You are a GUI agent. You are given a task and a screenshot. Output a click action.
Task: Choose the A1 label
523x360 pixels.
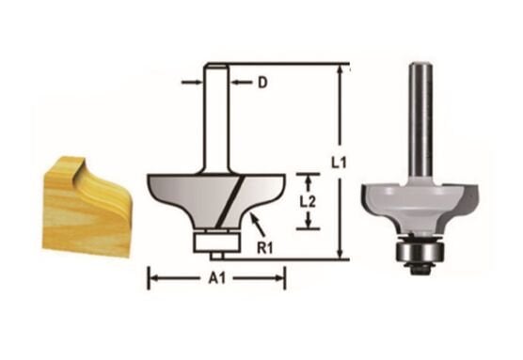tap(217, 279)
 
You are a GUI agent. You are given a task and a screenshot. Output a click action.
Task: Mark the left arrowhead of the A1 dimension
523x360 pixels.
tap(152, 277)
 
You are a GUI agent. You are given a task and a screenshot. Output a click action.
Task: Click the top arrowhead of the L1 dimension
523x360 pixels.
tap(338, 70)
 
